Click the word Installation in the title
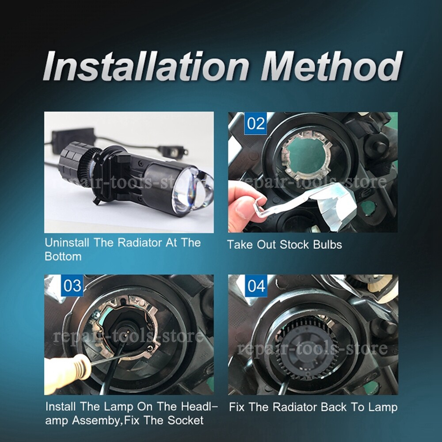pyautogui.click(x=148, y=66)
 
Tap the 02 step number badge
pyautogui.click(x=255, y=123)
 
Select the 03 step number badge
pyautogui.click(x=72, y=286)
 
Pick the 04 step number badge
pyautogui.click(x=256, y=286)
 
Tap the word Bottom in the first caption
pyautogui.click(x=63, y=256)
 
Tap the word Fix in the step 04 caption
pyautogui.click(x=239, y=407)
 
